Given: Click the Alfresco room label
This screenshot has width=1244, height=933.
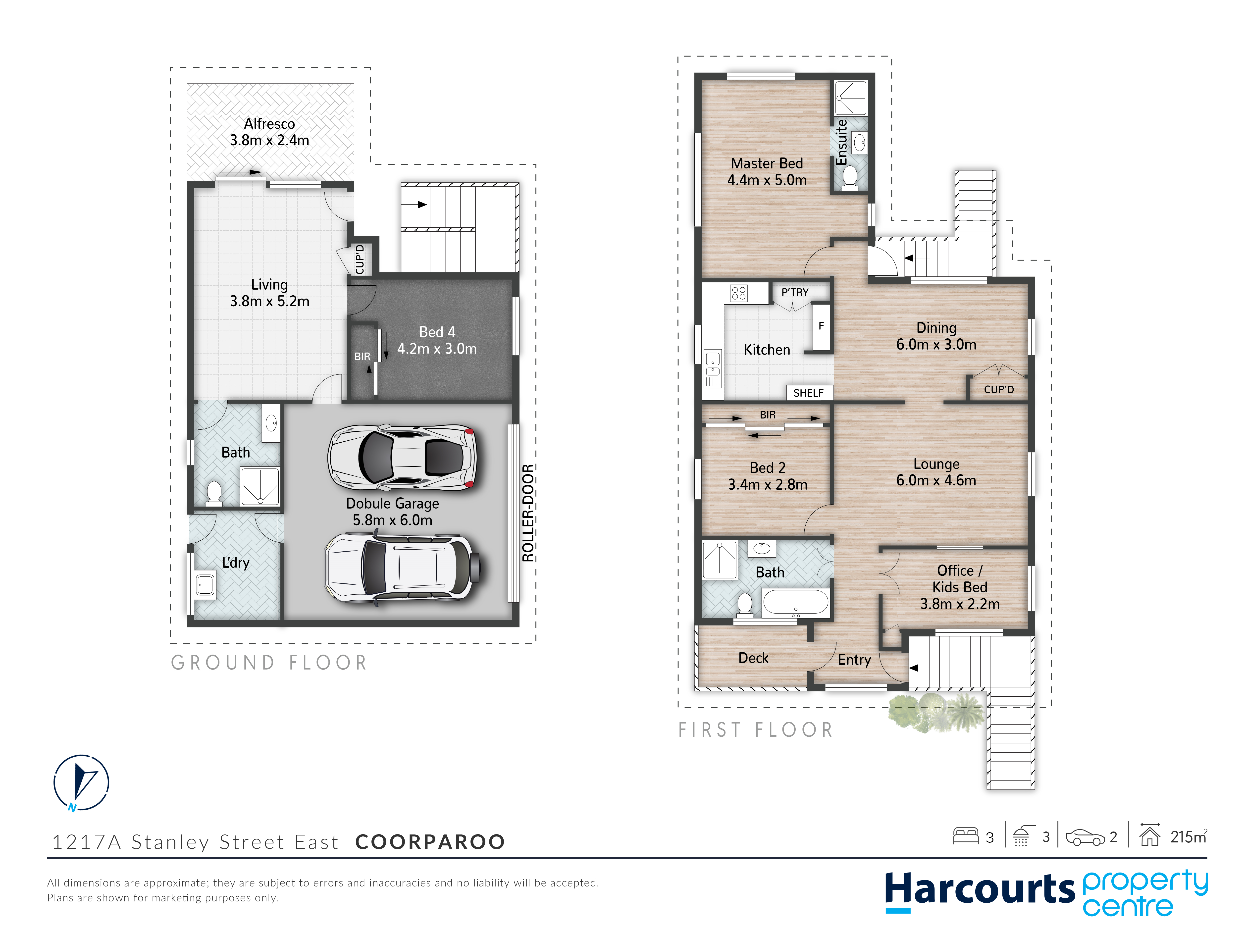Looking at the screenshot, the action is (x=269, y=124).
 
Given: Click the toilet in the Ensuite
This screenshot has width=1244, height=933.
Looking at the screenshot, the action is (x=850, y=177).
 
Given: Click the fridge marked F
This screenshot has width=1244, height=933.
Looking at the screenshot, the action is (x=821, y=326).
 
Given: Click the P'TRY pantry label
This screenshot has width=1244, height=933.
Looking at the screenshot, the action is (x=795, y=292).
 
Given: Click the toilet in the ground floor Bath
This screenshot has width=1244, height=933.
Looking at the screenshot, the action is (x=214, y=492).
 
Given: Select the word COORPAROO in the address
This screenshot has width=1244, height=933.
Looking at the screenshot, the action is (x=430, y=842).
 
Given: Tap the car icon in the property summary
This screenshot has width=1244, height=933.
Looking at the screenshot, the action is (x=1085, y=837).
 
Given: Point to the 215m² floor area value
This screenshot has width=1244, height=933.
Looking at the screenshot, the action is (x=1188, y=837).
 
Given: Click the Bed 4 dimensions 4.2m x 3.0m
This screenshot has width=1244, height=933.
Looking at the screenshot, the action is (x=437, y=349).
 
